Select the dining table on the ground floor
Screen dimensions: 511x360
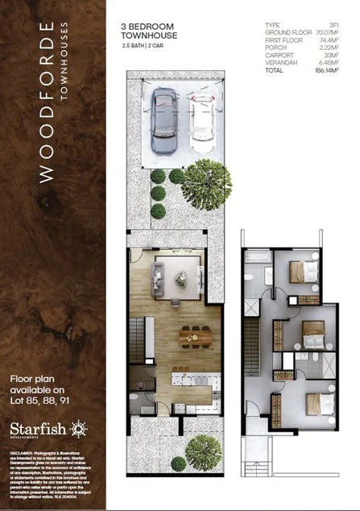(x=192, y=334)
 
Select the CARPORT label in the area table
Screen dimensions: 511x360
(x=279, y=56)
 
